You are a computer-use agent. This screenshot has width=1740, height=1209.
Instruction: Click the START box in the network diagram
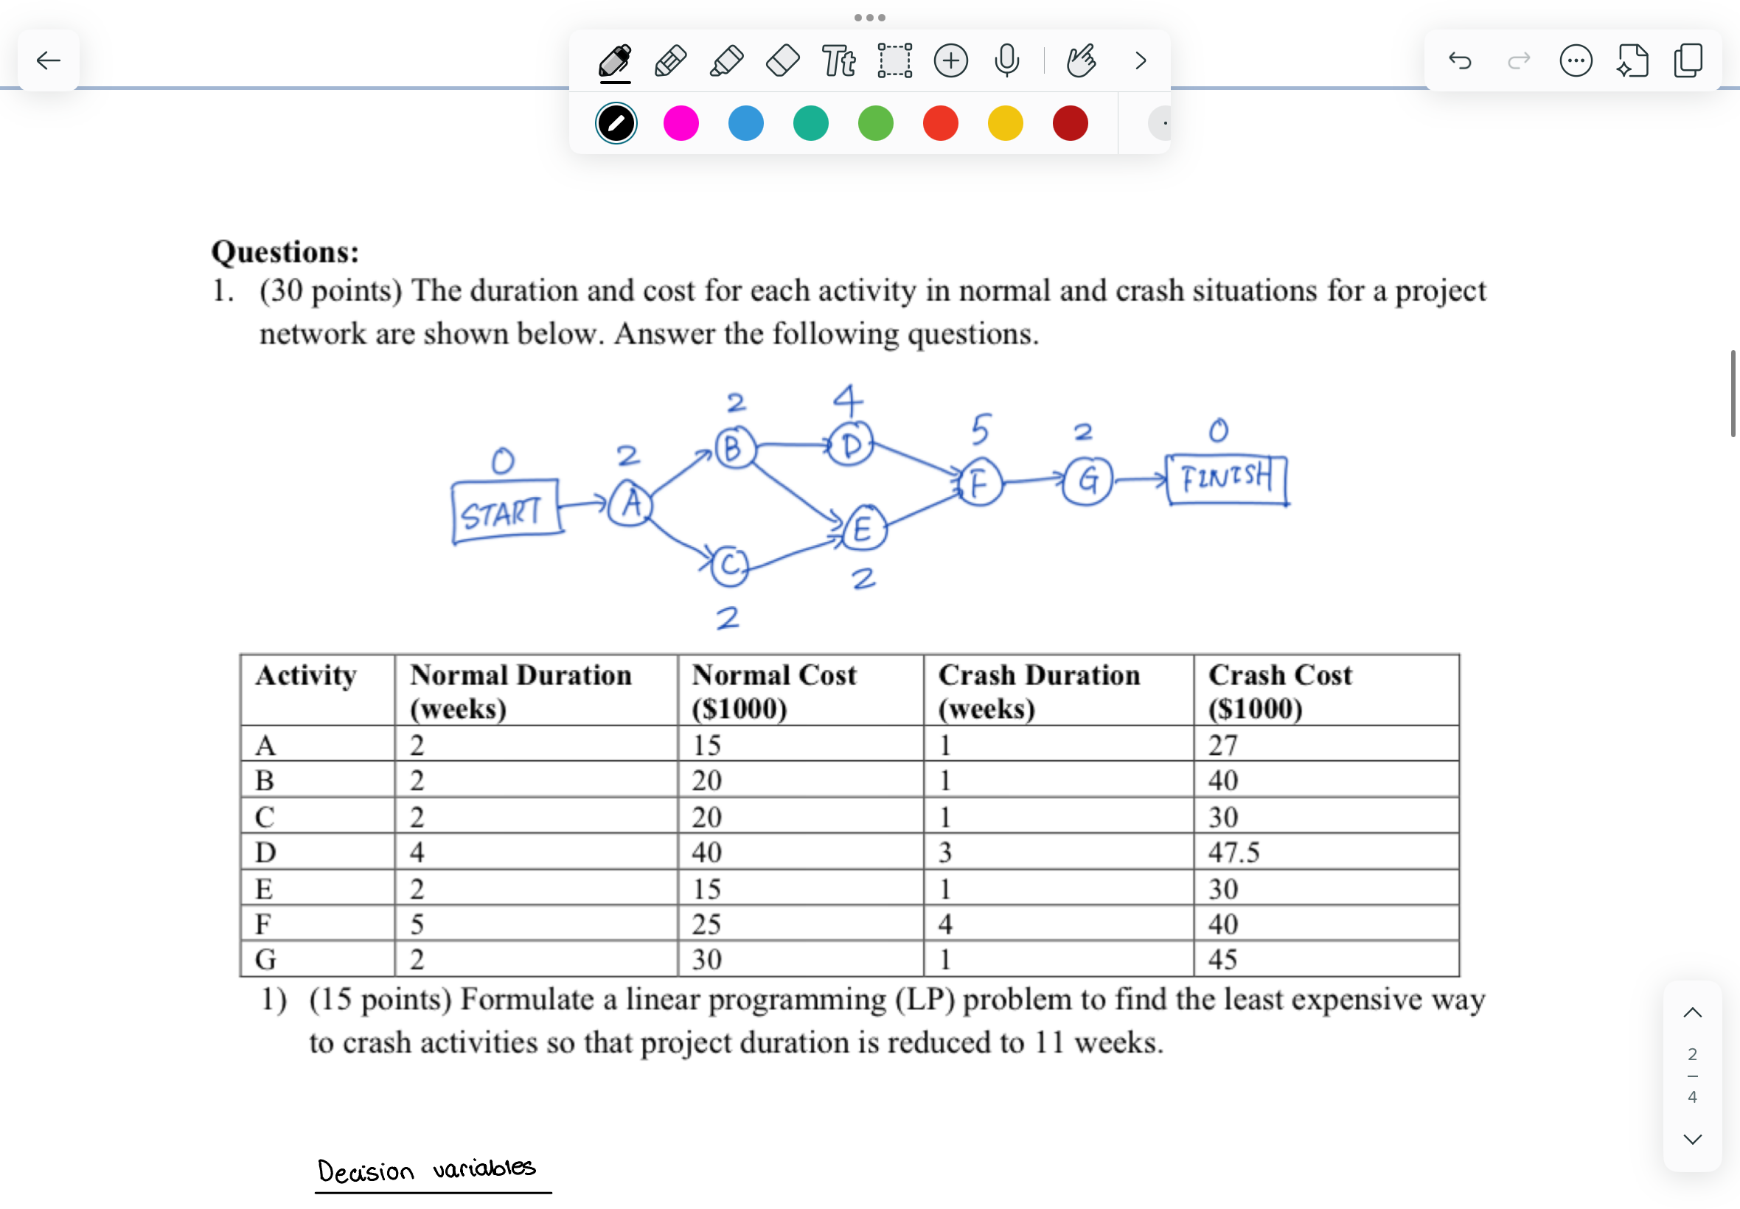505,512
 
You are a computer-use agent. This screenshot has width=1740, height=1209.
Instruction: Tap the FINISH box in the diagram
1226,478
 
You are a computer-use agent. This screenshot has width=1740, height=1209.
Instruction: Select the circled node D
851,445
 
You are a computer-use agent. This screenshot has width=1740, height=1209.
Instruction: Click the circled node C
730,565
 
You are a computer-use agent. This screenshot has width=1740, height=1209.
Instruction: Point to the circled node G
1087,480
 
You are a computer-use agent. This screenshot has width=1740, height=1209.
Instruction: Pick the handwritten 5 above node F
980,430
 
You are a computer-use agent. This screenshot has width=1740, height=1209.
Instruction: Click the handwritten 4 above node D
848,399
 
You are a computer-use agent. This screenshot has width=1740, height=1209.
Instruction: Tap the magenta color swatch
681,123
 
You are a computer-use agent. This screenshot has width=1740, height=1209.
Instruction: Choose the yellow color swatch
1004,123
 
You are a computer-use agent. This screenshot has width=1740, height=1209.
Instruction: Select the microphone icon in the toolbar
1006,60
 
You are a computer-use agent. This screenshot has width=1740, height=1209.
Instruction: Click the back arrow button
49,60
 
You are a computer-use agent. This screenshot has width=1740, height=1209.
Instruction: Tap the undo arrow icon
1460,60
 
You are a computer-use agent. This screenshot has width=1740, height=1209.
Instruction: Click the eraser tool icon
782,60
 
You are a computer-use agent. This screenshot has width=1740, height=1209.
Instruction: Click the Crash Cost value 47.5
1233,852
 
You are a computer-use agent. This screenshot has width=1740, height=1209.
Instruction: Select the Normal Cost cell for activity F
706,924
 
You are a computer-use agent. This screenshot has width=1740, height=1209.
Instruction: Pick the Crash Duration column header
1039,690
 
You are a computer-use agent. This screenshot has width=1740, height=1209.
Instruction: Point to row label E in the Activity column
264,888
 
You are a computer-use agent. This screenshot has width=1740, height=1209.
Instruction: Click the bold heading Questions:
285,251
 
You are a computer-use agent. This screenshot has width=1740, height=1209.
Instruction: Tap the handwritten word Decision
366,1171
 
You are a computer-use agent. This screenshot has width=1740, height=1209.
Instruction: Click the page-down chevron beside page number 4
1692,1139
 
